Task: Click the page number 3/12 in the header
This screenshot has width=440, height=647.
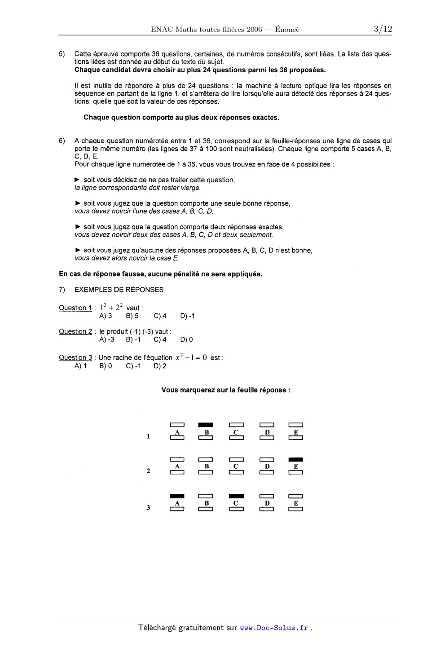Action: [383, 29]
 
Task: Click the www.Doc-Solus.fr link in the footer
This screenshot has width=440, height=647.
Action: [274, 628]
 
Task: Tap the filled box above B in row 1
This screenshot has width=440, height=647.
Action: [206, 424]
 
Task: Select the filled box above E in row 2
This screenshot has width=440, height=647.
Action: [295, 459]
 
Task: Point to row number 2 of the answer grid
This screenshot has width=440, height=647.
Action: [148, 471]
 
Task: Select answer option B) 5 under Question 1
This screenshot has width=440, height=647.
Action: [132, 316]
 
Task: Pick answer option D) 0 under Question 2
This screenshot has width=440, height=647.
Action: [186, 340]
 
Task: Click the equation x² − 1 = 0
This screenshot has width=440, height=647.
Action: [191, 357]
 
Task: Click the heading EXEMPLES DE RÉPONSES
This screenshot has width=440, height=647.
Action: [119, 290]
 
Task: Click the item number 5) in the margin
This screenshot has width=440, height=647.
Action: [62, 54]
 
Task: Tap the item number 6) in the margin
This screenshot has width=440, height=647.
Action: [62, 141]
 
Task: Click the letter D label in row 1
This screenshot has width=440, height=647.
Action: [267, 432]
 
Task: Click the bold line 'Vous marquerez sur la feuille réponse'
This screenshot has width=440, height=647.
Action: [226, 390]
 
